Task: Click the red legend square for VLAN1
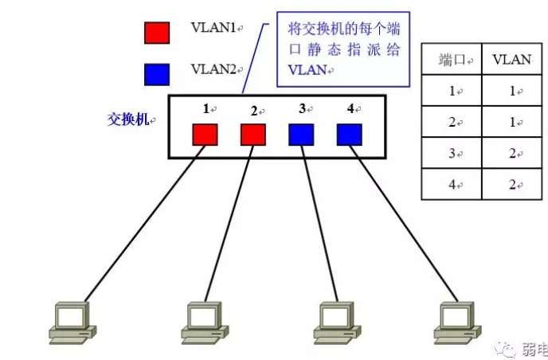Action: (x=156, y=31)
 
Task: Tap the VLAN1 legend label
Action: (x=213, y=27)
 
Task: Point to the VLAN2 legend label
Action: (x=213, y=69)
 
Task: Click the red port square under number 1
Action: (x=205, y=134)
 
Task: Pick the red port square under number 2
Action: (x=253, y=134)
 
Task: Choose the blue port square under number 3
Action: (x=301, y=134)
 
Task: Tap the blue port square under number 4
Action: (x=349, y=134)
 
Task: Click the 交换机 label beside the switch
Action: (x=128, y=119)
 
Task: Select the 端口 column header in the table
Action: (x=451, y=60)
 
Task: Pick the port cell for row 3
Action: (x=451, y=154)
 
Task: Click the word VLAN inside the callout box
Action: (x=306, y=70)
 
